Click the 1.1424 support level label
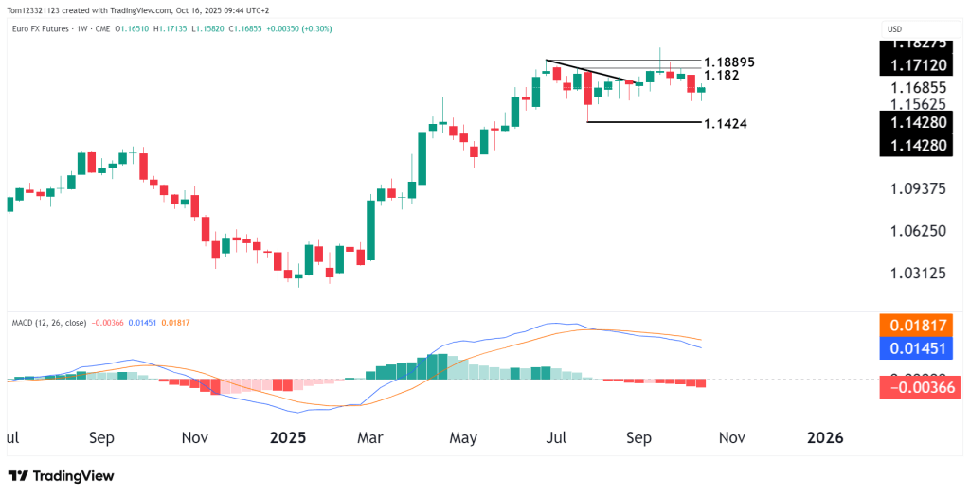(x=727, y=124)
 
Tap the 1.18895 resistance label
(x=734, y=62)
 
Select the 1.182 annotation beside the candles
(x=722, y=75)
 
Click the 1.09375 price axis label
(x=918, y=189)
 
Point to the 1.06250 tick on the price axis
(x=918, y=231)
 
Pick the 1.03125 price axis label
(x=918, y=274)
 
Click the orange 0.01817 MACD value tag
(x=918, y=326)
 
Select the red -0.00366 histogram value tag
(x=918, y=386)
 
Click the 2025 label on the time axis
(x=289, y=438)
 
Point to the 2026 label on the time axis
(x=825, y=438)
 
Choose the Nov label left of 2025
(x=195, y=438)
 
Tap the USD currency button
(x=894, y=29)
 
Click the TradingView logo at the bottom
(x=61, y=475)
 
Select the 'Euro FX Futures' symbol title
(x=45, y=29)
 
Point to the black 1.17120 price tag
(x=918, y=65)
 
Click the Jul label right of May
(x=557, y=438)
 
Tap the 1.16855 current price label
(x=918, y=86)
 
